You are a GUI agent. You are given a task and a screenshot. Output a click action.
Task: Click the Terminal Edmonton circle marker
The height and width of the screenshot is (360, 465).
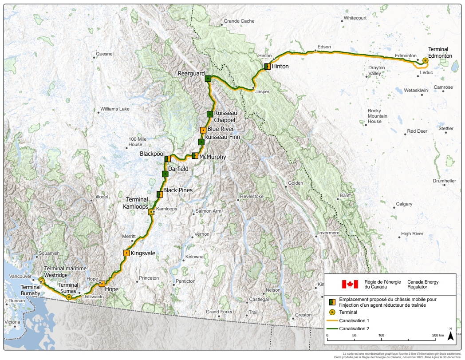(x=425, y=60)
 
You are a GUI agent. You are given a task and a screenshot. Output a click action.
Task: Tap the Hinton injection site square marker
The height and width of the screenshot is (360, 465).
(x=267, y=67)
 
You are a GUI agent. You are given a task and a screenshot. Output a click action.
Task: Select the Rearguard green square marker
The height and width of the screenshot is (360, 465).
(x=208, y=79)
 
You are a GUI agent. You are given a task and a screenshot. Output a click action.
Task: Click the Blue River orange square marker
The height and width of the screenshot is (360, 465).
(x=203, y=130)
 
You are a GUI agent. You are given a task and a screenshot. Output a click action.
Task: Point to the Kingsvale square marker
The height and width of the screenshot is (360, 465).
(x=126, y=253)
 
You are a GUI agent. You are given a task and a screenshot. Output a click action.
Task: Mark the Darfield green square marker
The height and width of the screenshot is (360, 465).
(x=165, y=174)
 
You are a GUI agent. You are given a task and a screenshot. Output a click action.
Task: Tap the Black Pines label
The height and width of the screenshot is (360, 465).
(x=176, y=190)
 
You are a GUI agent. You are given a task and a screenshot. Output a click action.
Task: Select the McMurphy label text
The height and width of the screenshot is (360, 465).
(x=213, y=157)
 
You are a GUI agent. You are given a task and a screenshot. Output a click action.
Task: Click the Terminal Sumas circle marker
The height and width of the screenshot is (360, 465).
(x=69, y=297)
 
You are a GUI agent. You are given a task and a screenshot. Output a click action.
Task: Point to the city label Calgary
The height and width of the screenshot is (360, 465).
(x=404, y=204)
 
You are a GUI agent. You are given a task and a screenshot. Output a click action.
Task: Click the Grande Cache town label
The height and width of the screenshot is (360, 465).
(x=239, y=21)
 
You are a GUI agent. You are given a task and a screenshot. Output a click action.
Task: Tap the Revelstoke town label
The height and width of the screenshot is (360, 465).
(x=252, y=196)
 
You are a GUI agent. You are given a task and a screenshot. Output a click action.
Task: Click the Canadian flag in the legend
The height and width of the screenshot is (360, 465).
(x=350, y=284)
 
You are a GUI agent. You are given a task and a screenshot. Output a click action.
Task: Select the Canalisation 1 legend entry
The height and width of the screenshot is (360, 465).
(x=353, y=320)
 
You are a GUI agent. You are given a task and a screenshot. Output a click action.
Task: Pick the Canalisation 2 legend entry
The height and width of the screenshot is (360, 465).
(x=353, y=328)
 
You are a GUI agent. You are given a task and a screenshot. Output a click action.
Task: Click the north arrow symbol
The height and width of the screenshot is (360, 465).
(x=450, y=336)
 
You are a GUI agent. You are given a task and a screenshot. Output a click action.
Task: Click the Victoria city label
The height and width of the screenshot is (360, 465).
(x=12, y=322)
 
